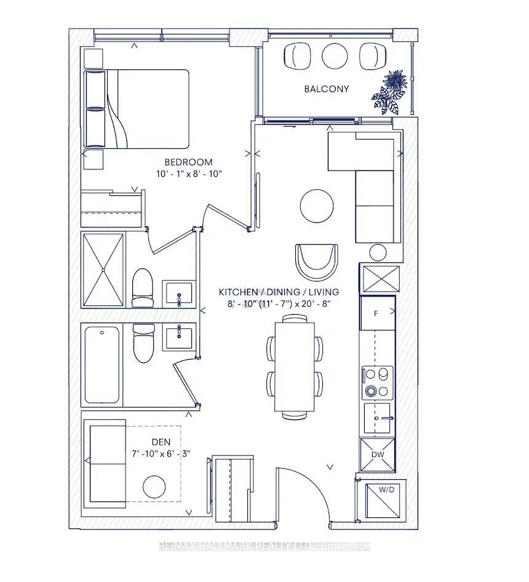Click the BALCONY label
pos(327,89)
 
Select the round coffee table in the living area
pos(317,205)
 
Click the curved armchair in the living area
pos(316,261)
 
